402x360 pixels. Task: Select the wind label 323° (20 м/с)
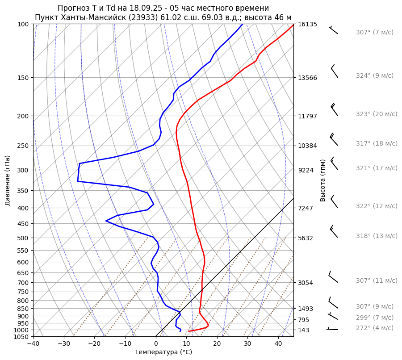click(377, 114)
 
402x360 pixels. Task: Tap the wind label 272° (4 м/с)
click(375, 328)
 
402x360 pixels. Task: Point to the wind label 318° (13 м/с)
click(377, 236)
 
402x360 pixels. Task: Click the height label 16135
click(307, 24)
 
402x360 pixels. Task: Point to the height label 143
click(304, 330)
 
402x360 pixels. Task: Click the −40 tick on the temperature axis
click(33, 344)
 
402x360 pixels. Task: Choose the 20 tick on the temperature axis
click(217, 344)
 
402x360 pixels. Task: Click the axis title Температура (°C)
click(163, 352)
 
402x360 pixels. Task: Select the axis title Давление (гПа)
click(8, 180)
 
